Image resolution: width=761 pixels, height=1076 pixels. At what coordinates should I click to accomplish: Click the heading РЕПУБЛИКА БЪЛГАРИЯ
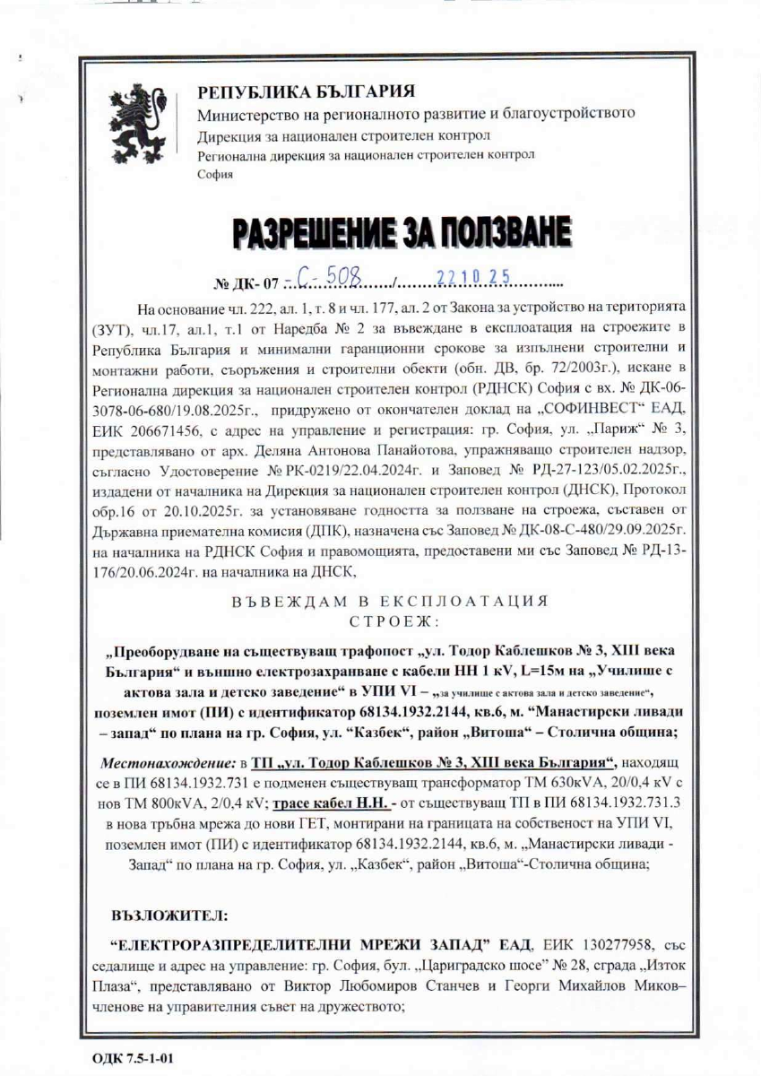pos(305,92)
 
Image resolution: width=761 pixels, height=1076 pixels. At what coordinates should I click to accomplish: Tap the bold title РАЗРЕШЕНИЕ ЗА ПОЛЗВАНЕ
pos(402,234)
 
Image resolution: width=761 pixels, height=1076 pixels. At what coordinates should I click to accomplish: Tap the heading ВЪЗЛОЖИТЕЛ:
pos(169,916)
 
